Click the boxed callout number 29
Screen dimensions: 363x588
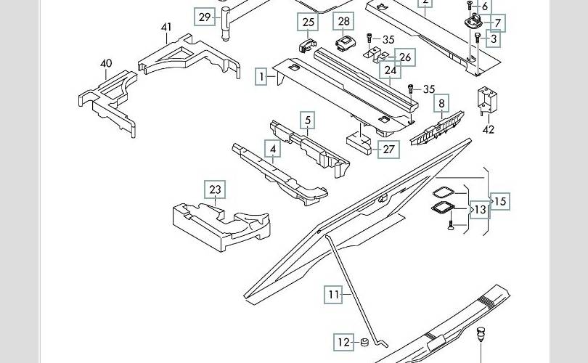205,17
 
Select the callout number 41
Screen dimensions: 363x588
166,28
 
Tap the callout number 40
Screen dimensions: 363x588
106,63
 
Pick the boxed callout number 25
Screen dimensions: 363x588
309,23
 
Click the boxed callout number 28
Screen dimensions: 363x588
344,22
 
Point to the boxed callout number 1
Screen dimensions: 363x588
261,76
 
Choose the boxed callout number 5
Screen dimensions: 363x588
308,121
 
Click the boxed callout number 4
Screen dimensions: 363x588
273,150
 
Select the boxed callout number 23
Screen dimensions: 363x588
215,190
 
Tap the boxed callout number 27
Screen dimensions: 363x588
390,149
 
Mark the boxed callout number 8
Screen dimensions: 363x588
441,104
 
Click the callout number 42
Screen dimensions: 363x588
489,130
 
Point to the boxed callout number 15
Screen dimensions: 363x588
500,201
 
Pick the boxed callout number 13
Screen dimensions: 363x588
480,210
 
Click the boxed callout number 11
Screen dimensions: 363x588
333,295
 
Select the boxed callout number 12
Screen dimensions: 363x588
343,342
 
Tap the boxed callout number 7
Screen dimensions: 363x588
498,23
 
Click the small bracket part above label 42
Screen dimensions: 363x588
486,102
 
